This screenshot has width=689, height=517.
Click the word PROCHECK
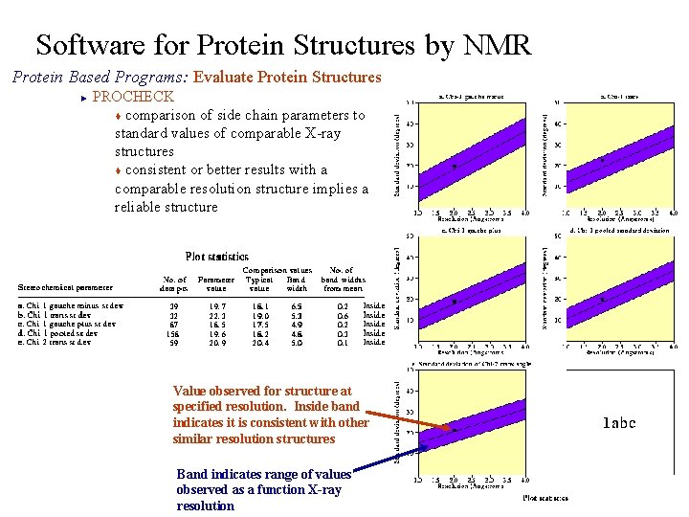132,97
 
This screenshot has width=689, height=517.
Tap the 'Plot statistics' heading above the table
216,257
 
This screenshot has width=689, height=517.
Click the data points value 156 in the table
172,333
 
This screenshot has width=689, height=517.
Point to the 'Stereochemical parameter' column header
65,287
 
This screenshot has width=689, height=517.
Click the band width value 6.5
297,306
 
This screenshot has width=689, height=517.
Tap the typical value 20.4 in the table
258,342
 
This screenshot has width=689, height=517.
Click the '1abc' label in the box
618,422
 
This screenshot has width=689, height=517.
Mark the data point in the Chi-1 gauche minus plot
454,167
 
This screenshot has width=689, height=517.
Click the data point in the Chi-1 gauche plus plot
454,302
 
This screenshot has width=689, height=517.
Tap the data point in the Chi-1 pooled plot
602,300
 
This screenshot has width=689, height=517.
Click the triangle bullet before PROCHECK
84,97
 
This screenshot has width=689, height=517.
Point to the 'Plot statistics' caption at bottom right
545,497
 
